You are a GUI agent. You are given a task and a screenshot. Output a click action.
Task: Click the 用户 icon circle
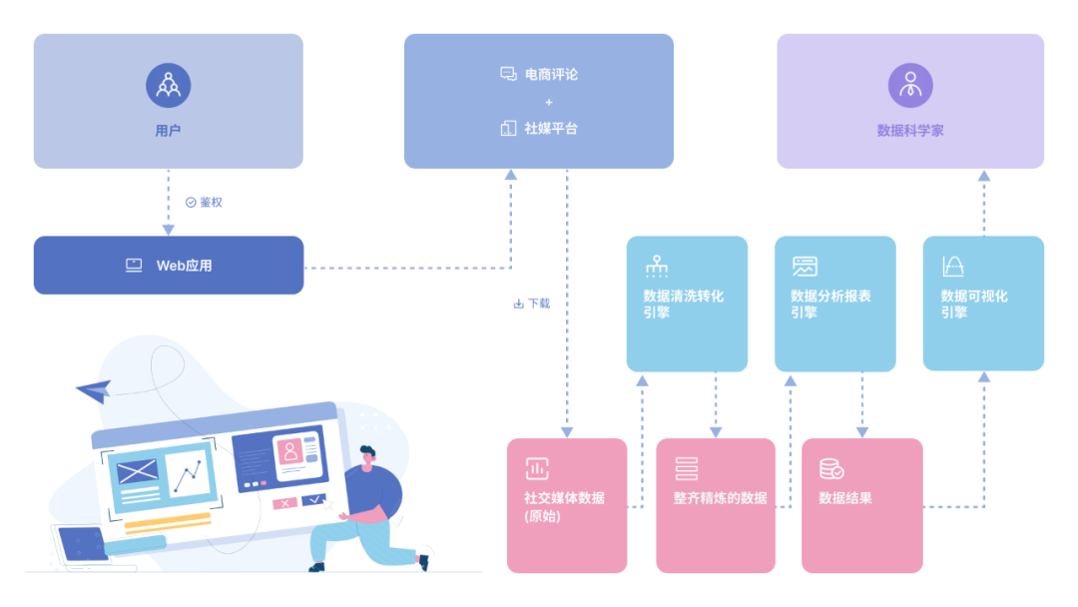[168, 85]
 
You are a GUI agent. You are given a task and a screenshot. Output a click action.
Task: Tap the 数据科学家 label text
[909, 131]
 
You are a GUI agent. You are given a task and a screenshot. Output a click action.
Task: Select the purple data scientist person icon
[909, 85]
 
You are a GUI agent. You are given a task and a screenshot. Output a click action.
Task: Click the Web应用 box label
[184, 266]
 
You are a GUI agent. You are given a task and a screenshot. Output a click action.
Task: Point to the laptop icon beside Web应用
[134, 266]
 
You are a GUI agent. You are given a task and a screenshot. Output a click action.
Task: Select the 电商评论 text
[551, 74]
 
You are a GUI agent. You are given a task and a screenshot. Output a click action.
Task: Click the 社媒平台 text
[551, 129]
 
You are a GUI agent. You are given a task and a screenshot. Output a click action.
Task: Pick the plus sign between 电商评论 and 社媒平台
[548, 102]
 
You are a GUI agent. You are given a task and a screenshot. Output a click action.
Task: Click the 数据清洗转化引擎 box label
[683, 303]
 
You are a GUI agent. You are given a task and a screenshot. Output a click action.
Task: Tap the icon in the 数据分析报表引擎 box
[805, 267]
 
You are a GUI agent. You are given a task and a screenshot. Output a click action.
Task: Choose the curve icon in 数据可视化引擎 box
[953, 267]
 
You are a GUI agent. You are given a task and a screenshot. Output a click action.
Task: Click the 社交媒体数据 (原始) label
[564, 506]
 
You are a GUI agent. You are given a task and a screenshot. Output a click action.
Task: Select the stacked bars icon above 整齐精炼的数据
[687, 468]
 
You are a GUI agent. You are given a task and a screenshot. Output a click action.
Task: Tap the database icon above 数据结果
[831, 468]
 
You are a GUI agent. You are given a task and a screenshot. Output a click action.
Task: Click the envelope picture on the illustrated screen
[137, 471]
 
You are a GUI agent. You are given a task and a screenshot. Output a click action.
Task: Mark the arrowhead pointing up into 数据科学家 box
[983, 176]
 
